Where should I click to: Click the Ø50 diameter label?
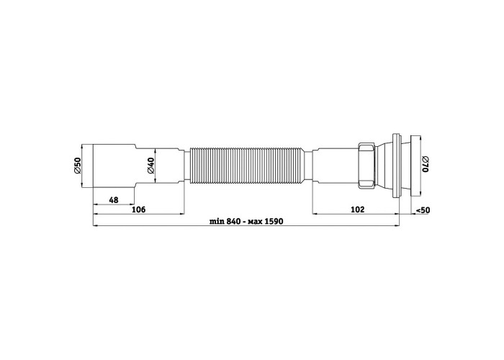pos(77,166)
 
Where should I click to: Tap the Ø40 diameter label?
pos(151,166)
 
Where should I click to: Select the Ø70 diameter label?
pos(426,164)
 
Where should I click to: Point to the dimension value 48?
pos(114,200)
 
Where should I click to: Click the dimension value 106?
pos(139,210)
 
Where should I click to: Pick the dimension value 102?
pos(357,210)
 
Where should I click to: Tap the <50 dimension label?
pos(423,210)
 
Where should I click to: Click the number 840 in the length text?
pos(233,222)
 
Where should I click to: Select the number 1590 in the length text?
pos(274,222)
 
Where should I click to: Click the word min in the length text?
pos(217,222)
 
